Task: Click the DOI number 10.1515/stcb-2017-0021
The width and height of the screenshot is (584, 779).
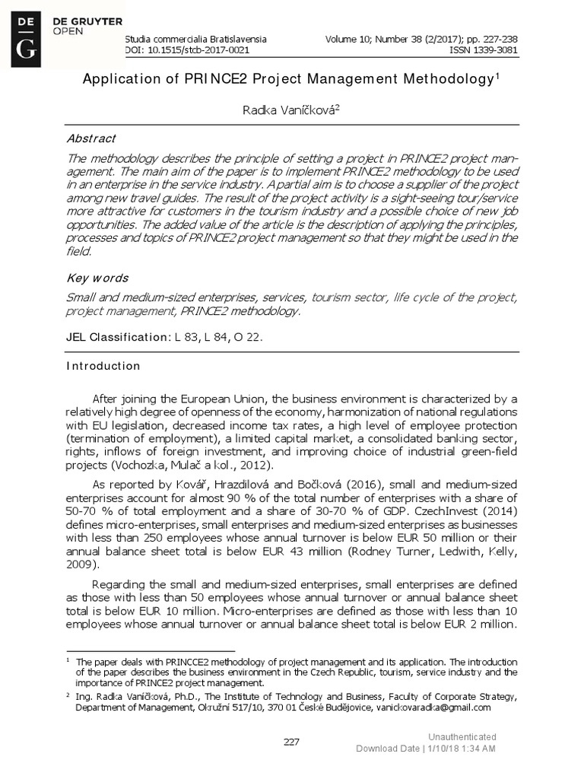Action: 195,50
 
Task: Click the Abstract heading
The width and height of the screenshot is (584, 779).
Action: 91,138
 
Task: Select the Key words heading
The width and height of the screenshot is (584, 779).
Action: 97,278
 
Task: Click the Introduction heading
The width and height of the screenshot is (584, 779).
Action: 103,366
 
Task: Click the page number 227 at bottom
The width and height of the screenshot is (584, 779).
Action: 292,742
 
